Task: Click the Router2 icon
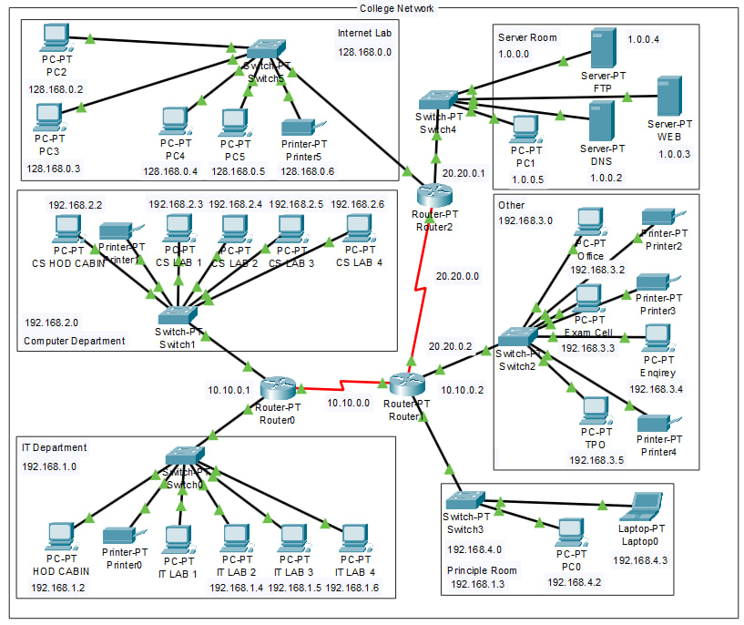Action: [433, 194]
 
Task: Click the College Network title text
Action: [396, 8]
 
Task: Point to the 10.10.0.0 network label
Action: [349, 402]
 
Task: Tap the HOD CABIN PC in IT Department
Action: [60, 537]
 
